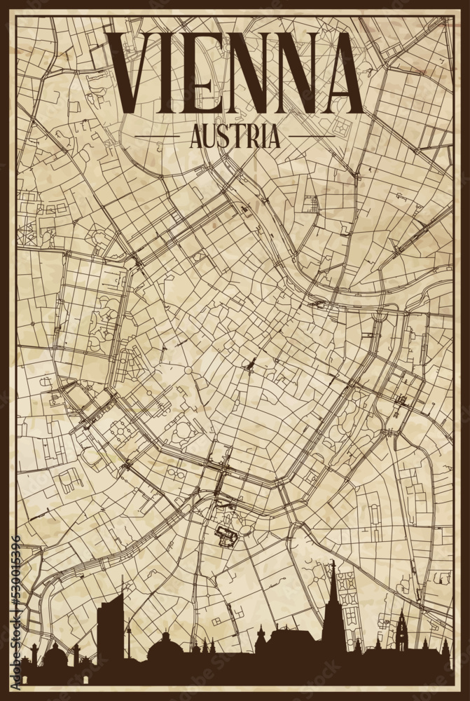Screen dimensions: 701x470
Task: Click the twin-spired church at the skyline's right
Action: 401,634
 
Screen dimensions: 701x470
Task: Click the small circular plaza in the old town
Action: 188,370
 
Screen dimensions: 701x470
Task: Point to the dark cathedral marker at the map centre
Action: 249,365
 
